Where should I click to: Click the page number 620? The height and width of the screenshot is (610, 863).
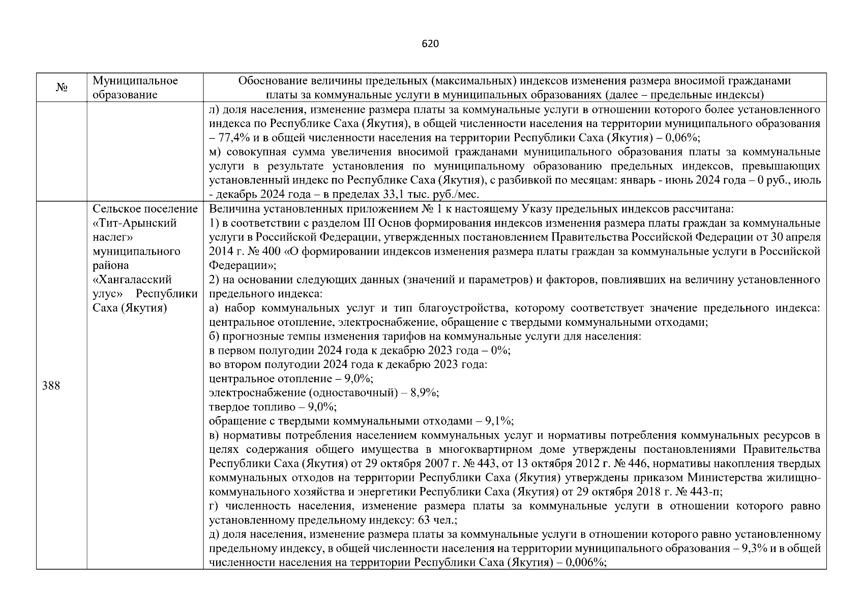(430, 44)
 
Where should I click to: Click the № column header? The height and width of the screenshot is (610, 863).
(62, 88)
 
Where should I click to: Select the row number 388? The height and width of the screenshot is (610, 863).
(51, 386)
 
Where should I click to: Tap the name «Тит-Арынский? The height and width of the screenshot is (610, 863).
(135, 223)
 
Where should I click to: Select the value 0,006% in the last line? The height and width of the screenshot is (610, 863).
(587, 562)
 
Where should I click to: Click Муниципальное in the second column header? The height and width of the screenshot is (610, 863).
(135, 81)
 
